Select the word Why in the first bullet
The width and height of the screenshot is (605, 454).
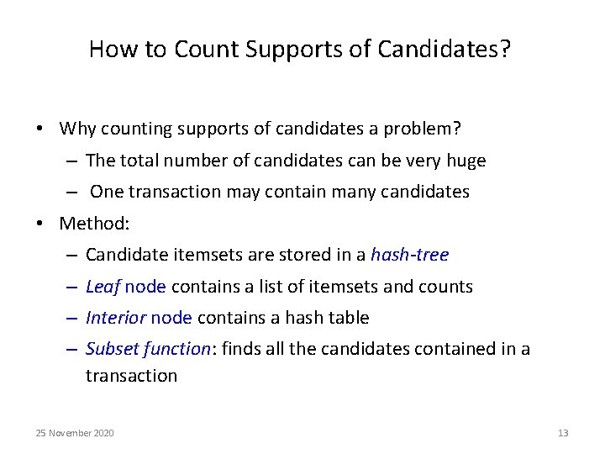78,129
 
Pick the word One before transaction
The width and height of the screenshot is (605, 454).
107,192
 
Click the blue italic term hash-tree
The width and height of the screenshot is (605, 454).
409,254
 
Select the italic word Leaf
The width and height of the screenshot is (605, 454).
103,286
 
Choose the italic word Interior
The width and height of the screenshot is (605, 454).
116,318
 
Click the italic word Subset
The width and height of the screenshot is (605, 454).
112,349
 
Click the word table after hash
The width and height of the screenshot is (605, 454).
348,318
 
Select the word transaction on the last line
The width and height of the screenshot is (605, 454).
131,376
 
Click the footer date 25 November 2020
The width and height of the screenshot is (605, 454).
75,433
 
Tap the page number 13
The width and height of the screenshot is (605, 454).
563,433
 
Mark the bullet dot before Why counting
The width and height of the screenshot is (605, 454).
39,129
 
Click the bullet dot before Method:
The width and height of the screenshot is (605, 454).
39,224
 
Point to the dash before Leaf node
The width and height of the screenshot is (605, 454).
70,287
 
